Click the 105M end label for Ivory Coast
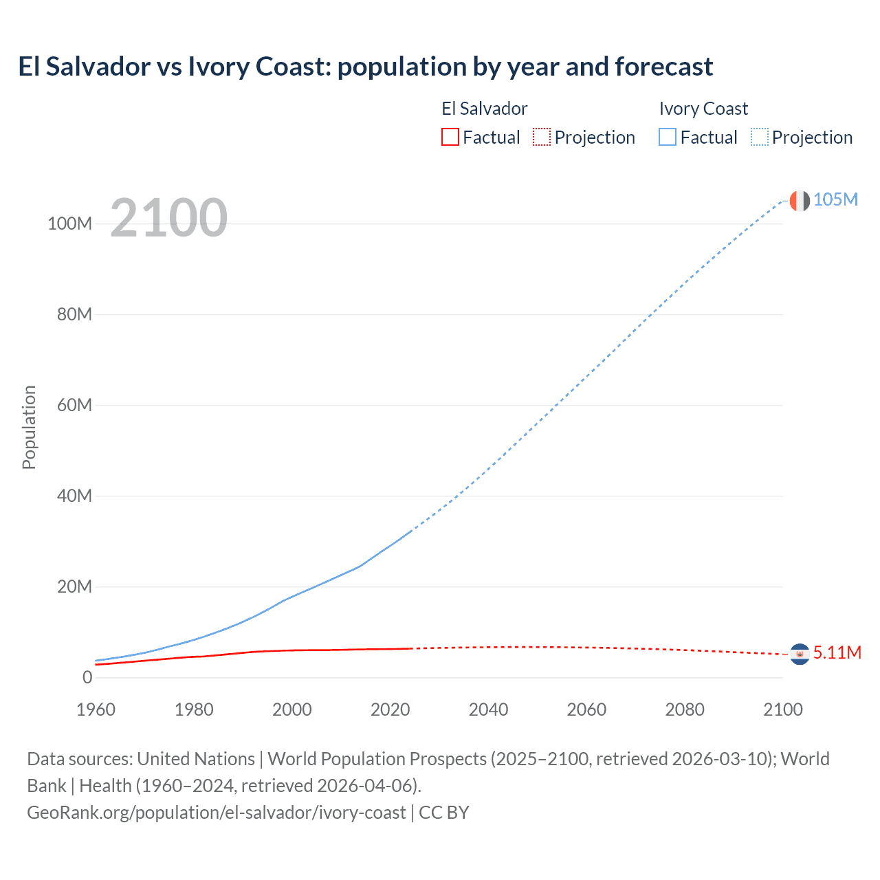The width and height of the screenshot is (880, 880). point(835,199)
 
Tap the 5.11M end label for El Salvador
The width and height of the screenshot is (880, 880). point(837,652)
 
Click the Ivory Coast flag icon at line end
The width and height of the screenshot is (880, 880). point(800,201)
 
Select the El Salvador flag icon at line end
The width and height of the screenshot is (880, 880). point(800,654)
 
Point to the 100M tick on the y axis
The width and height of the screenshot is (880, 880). point(69,224)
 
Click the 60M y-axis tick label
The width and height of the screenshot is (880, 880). point(74,405)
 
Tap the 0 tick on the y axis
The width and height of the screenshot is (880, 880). point(87,677)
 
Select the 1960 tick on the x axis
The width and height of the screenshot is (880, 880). point(96,709)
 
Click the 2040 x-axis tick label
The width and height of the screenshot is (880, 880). point(488,709)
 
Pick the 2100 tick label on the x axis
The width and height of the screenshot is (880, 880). point(782,709)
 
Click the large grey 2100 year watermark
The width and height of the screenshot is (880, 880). point(168,218)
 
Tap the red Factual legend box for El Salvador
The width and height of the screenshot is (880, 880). point(450,137)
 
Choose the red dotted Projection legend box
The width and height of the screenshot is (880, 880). point(542,137)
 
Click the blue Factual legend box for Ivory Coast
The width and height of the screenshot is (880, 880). point(667,137)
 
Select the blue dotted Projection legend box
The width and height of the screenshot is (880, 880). point(759,137)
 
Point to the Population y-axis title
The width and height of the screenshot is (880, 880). point(29,427)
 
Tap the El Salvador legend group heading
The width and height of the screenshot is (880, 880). point(484,109)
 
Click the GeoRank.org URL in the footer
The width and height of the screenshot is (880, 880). point(216,812)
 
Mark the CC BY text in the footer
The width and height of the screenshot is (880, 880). point(444,812)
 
